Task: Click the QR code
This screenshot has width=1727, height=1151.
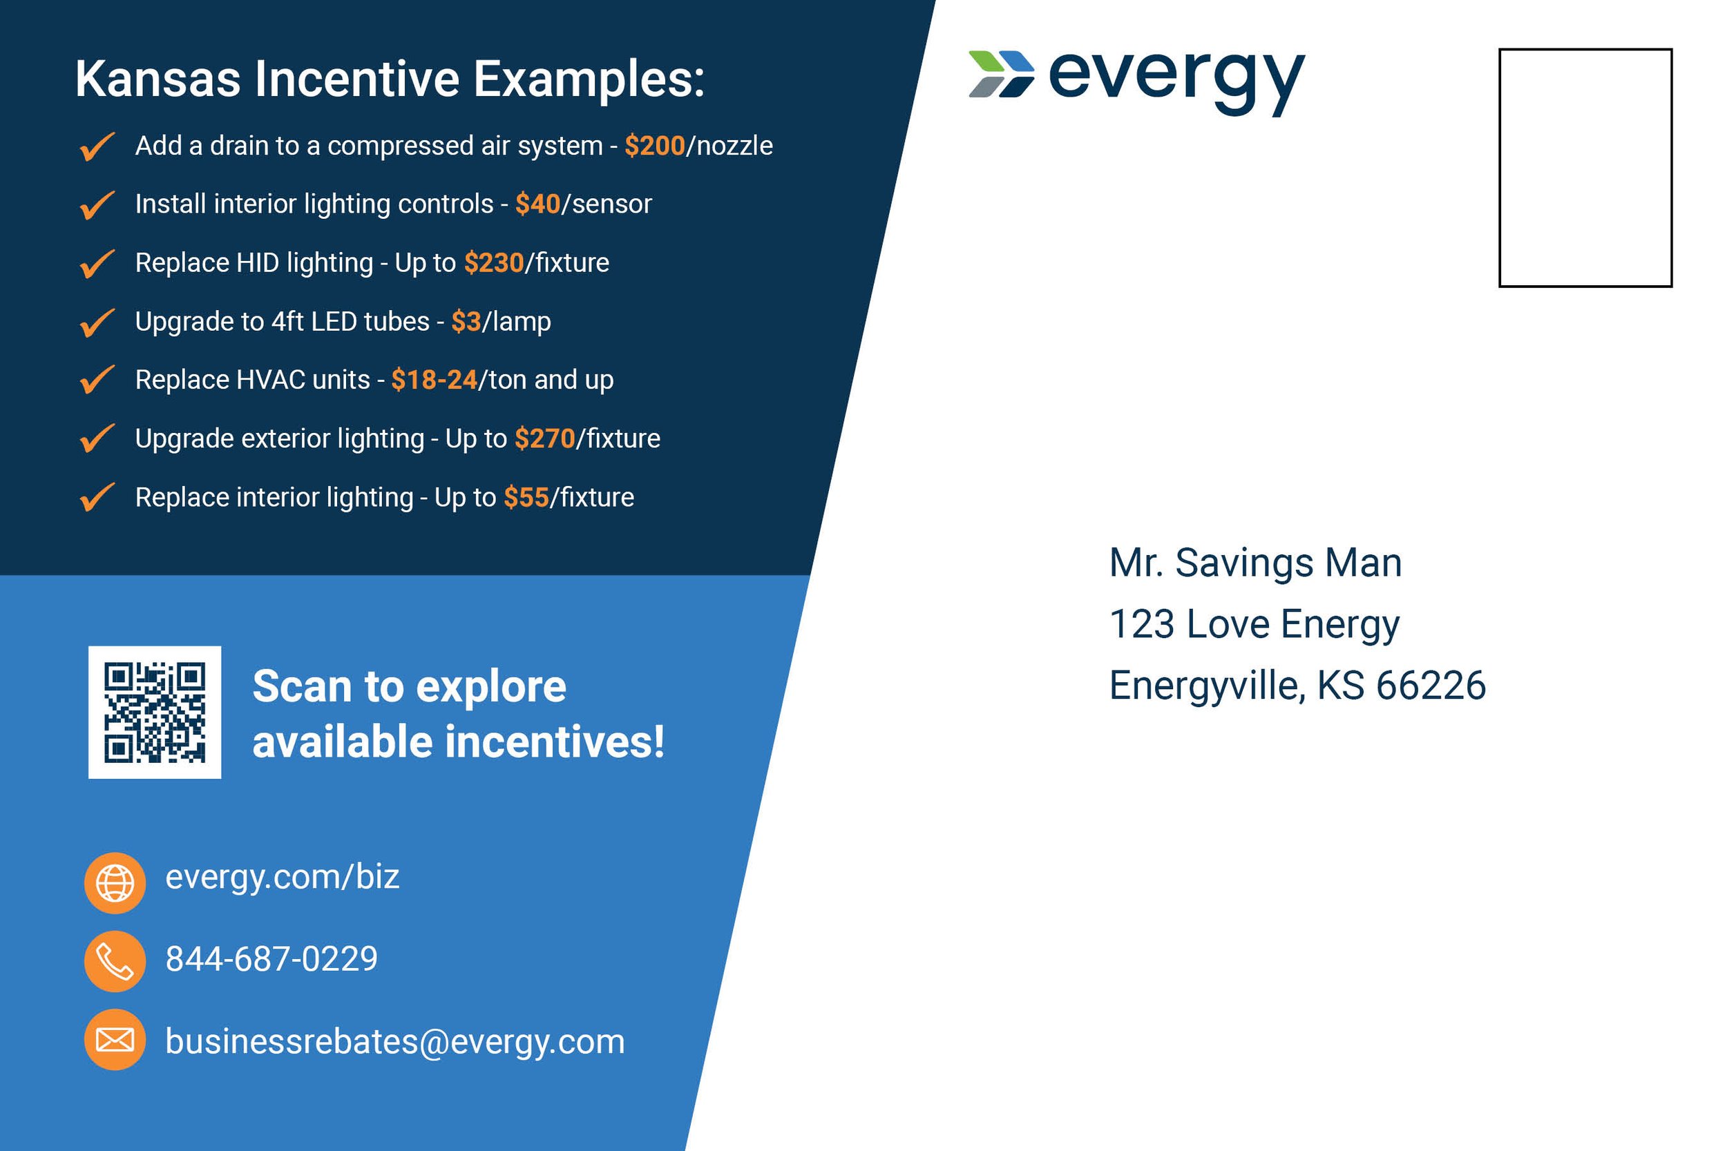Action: [154, 712]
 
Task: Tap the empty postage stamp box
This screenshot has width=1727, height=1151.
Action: [1585, 167]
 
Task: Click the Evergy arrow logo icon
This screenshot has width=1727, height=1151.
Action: [1001, 74]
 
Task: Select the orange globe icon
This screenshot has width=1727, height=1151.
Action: [115, 882]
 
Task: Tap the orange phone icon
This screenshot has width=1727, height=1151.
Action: [115, 962]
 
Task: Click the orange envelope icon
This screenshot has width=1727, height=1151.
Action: [115, 1039]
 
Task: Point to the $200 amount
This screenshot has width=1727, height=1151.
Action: [654, 146]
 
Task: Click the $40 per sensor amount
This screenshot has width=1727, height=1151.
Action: [537, 204]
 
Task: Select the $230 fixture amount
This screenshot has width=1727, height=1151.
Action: [493, 263]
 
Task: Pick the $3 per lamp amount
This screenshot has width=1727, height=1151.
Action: [466, 322]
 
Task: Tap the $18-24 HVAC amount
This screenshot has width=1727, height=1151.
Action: [434, 380]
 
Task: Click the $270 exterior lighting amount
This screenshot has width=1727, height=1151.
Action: [544, 439]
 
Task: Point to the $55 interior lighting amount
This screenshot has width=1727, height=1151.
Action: [526, 498]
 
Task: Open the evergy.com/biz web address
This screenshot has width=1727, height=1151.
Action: [282, 877]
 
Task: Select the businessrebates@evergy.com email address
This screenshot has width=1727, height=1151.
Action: [394, 1042]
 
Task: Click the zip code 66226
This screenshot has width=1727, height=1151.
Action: [1431, 686]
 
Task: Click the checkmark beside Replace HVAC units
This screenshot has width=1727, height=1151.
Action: [97, 380]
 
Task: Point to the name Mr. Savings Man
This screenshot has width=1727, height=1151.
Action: [1255, 563]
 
